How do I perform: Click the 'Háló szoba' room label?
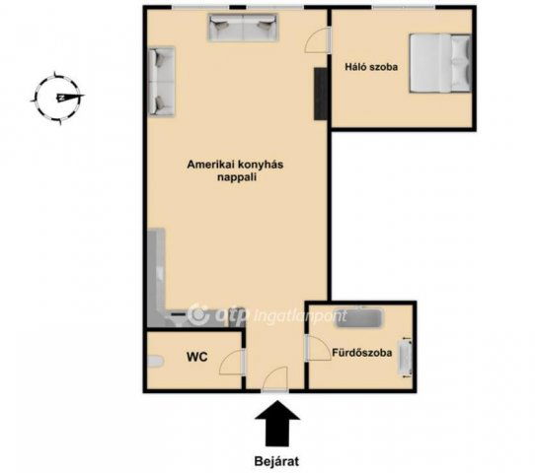click(371, 67)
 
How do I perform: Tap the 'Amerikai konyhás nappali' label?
click(235, 170)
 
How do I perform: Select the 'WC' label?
click(196, 357)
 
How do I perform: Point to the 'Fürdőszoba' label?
click(362, 353)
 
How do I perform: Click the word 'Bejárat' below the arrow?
click(276, 461)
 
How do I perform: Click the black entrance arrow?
click(277, 424)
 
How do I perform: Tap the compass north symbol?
click(58, 98)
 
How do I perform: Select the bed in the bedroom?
click(441, 63)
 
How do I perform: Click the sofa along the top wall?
click(243, 28)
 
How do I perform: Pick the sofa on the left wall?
click(161, 82)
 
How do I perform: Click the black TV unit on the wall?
click(321, 94)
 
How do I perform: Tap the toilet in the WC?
click(156, 361)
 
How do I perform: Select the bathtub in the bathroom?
click(359, 318)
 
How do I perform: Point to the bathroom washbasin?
click(406, 358)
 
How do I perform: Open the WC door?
click(232, 363)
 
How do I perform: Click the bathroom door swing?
click(317, 348)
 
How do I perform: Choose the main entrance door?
click(275, 379)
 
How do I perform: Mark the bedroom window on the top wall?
click(404, 7)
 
